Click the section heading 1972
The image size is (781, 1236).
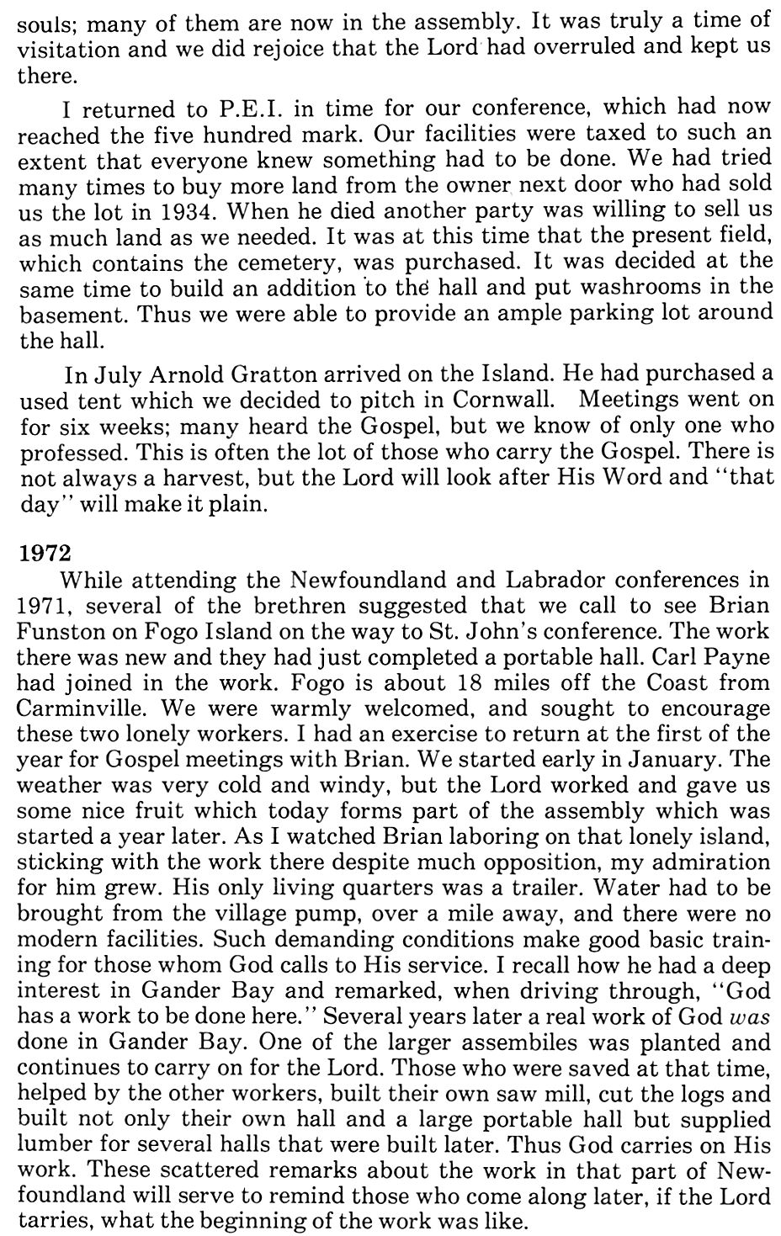tap(40, 554)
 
